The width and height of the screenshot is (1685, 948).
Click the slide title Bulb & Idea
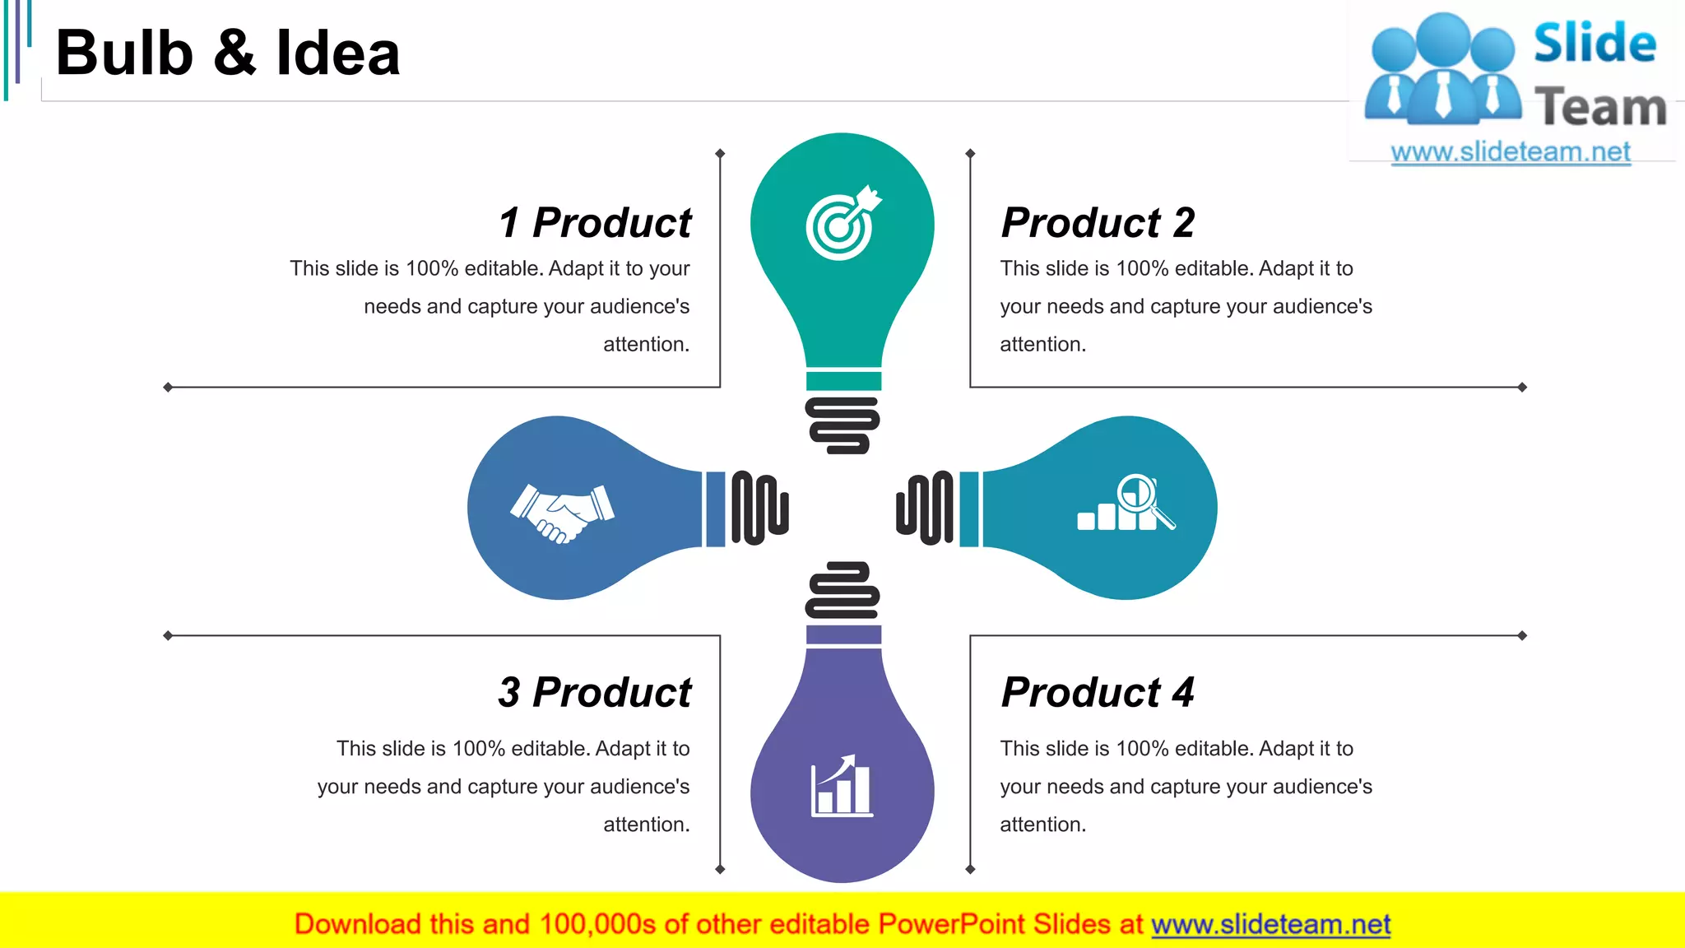(228, 53)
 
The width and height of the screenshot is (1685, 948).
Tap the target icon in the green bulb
(842, 224)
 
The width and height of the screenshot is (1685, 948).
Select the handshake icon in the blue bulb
(563, 513)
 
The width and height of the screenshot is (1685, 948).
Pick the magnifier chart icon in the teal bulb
(1126, 503)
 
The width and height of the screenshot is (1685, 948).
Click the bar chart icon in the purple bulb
(842, 787)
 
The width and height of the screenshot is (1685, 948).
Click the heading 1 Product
(595, 223)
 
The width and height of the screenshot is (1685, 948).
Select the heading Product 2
(1098, 223)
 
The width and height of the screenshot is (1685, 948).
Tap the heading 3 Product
(595, 692)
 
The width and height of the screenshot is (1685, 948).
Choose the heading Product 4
(1098, 692)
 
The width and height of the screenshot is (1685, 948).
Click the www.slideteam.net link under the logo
(1511, 152)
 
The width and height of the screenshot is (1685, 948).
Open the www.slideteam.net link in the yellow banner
(1270, 924)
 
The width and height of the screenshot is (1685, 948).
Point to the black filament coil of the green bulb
(842, 425)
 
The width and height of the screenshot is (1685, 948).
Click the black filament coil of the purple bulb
(842, 590)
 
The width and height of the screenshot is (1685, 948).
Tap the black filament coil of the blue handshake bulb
(759, 508)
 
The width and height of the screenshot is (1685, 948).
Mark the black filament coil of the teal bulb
(925, 508)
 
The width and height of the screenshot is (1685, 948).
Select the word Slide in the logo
(1594, 44)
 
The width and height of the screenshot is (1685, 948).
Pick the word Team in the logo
(1600, 108)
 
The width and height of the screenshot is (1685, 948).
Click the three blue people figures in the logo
(1443, 70)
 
